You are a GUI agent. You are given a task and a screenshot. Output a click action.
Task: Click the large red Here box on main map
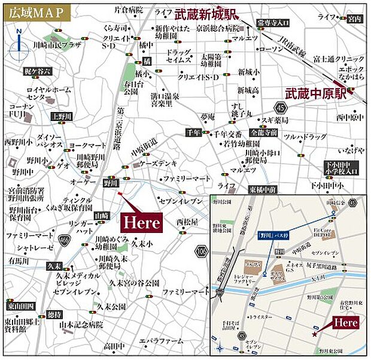[x=142, y=222]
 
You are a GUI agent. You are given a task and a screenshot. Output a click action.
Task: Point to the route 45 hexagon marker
[x=282, y=108]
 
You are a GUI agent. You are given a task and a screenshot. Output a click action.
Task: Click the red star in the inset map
[x=314, y=334]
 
